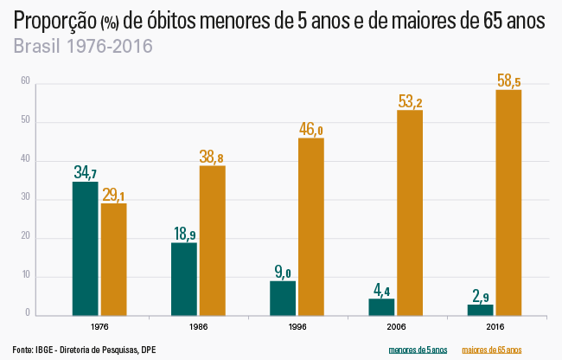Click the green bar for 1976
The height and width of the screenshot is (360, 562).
pos(85,248)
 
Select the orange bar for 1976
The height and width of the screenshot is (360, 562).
pos(113,259)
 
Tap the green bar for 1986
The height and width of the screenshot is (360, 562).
pos(184,279)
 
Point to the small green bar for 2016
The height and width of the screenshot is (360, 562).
pos(480,309)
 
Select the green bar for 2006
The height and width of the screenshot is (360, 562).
pos(381,306)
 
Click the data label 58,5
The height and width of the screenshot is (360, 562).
pos(508,81)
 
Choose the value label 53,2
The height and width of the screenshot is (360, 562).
pos(410,102)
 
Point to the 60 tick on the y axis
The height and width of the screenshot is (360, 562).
pos(26,82)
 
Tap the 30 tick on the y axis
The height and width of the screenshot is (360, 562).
pos(26,199)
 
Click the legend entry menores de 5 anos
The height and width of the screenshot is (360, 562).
pos(418,349)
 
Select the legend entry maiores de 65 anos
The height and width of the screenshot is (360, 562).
pos(492,349)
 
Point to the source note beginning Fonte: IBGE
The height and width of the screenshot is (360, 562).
pos(85,349)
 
